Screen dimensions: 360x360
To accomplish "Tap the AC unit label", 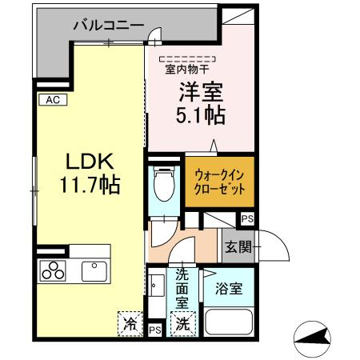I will pyautogui.click(x=51, y=100).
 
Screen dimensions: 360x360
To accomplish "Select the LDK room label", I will pyautogui.click(x=88, y=160).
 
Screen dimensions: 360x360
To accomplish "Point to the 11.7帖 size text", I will pyautogui.click(x=88, y=186).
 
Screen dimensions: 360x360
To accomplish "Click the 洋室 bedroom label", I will pyautogui.click(x=200, y=90).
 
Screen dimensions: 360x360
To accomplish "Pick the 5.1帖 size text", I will pyautogui.click(x=200, y=115).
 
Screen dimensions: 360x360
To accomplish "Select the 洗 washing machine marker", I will pyautogui.click(x=183, y=324).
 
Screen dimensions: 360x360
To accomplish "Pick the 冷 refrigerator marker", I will pyautogui.click(x=130, y=324).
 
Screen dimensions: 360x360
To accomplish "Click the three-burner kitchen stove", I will pyautogui.click(x=53, y=270).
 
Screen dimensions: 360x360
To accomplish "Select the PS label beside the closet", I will pyautogui.click(x=248, y=218).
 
